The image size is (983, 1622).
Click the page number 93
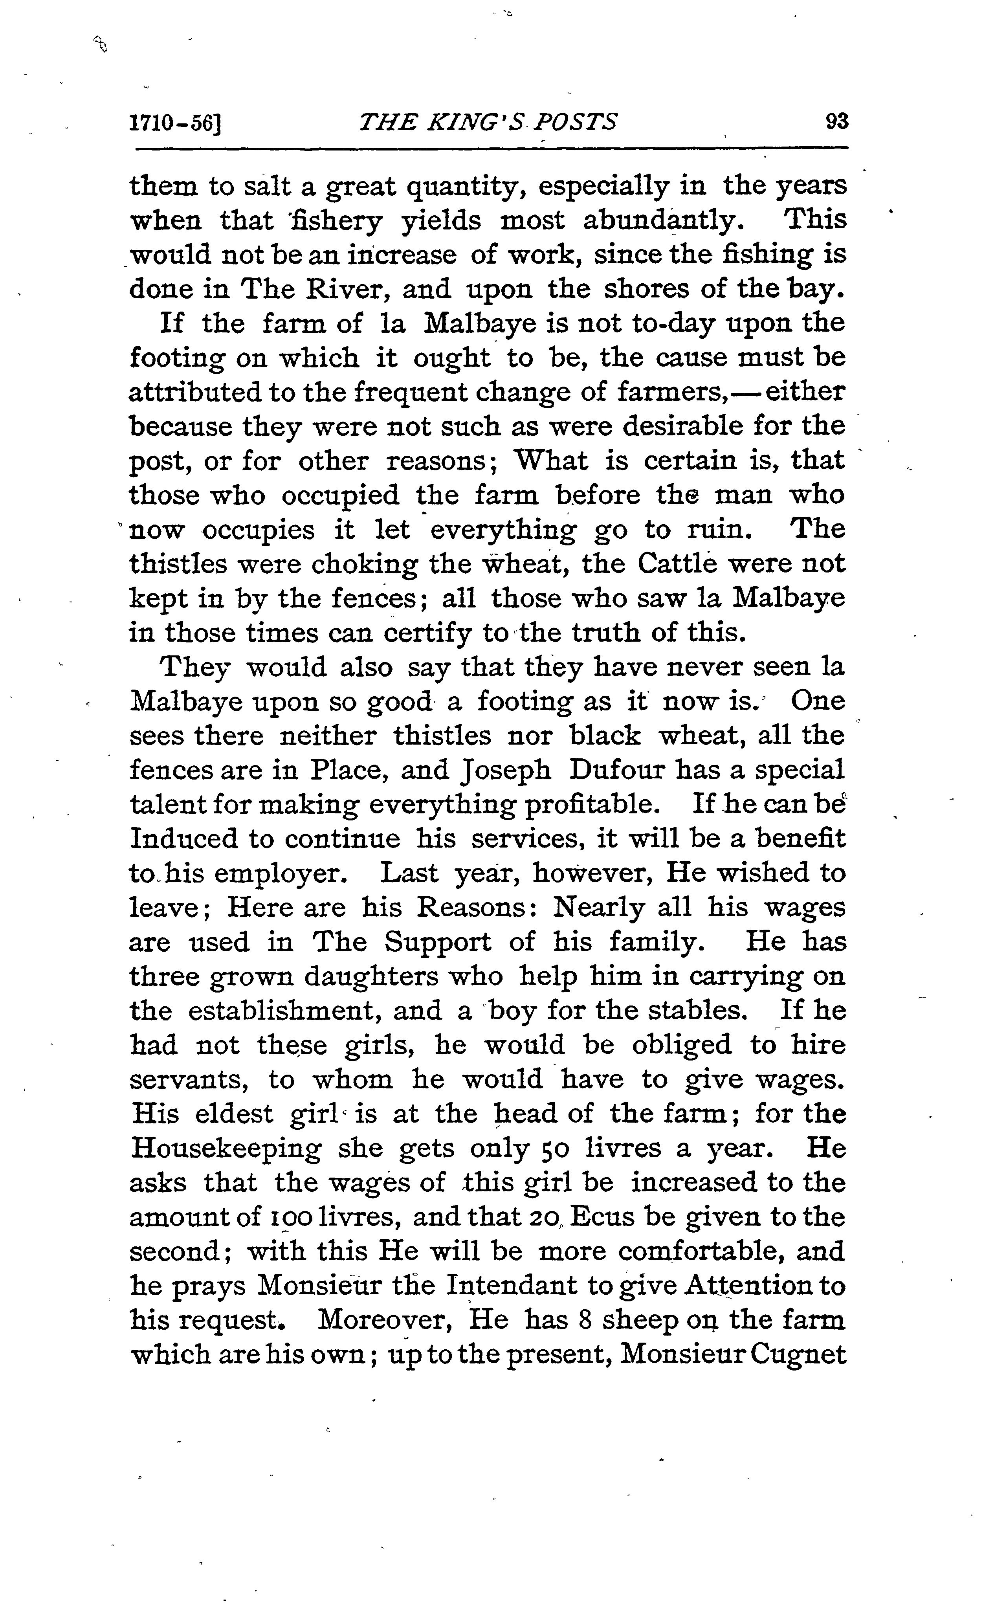(x=836, y=122)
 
